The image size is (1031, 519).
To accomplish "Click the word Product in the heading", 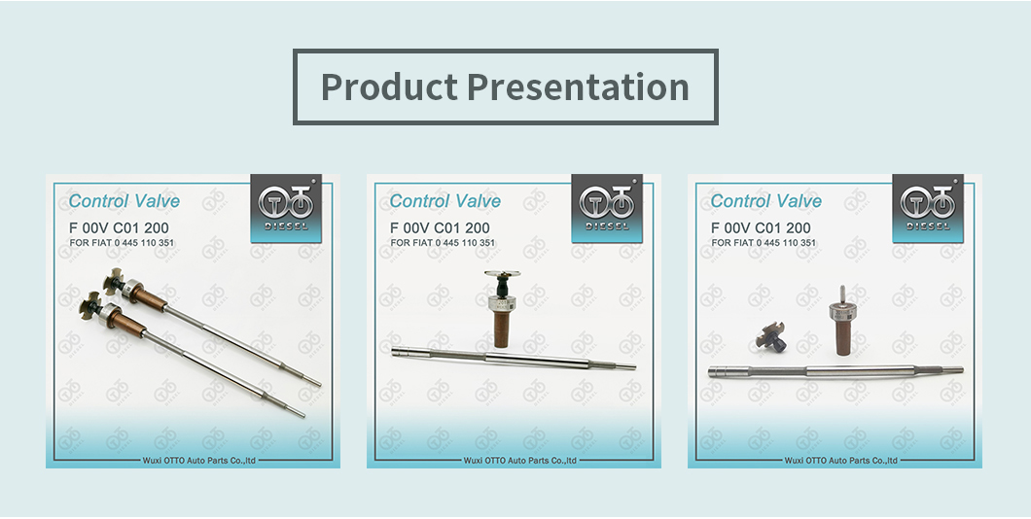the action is (x=389, y=86).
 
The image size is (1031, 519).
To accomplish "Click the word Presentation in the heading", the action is (x=579, y=86).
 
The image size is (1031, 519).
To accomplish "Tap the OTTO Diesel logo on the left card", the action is (x=286, y=208).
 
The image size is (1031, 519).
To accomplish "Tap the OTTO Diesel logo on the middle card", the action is (x=607, y=208).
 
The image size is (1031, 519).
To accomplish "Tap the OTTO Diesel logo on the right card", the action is (x=928, y=208).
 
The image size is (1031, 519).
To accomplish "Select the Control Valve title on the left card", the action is (x=124, y=201).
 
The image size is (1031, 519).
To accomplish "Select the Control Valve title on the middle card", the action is (x=445, y=201).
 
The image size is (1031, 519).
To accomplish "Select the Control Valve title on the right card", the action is (x=766, y=201).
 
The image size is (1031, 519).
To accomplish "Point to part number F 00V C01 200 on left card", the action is (x=119, y=228).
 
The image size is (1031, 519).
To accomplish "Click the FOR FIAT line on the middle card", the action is (x=443, y=243).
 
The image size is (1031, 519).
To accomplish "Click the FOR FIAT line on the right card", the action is (x=764, y=243).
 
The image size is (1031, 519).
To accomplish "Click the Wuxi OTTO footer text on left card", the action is (x=199, y=461).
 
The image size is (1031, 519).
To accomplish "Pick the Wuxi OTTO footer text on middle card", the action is (x=520, y=461).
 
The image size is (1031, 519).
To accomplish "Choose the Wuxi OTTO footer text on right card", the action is (x=841, y=461).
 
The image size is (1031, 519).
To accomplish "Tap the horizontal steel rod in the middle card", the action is (x=514, y=358).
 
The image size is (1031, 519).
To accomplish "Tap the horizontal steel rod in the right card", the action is (x=835, y=372).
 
